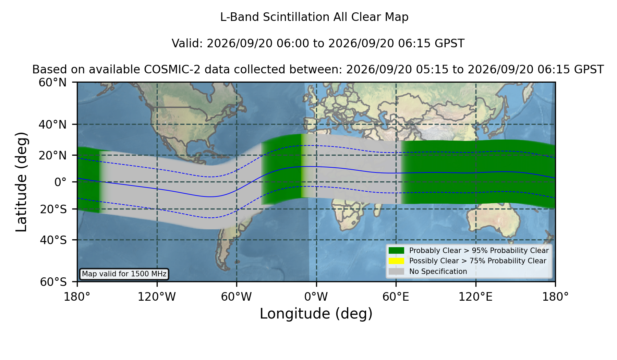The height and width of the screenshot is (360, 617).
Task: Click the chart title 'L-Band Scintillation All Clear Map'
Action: click(314, 17)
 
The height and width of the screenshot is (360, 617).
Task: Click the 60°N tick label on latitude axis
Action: click(53, 83)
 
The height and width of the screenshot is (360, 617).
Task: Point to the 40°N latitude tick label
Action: click(53, 124)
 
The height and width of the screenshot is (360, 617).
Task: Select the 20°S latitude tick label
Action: click(53, 209)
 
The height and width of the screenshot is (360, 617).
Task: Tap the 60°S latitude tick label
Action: click(53, 282)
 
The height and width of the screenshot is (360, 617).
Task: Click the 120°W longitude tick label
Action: click(157, 297)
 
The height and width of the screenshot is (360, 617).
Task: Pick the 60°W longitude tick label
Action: click(237, 297)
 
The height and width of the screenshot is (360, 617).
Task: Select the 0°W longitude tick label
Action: click(316, 297)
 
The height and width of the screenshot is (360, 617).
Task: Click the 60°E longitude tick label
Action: click(396, 297)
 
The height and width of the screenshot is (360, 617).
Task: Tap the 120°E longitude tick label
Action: click(476, 297)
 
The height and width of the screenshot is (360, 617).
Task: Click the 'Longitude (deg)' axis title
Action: click(316, 314)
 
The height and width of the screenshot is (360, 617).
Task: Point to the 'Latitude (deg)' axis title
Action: click(21, 182)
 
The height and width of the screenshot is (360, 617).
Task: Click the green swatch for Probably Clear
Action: click(397, 251)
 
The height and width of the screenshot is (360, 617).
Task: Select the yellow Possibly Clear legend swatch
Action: click(397, 261)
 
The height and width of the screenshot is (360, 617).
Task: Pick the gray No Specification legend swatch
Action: click(397, 272)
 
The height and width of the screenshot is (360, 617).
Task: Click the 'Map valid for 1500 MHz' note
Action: click(124, 274)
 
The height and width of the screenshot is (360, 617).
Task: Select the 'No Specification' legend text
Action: click(438, 272)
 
